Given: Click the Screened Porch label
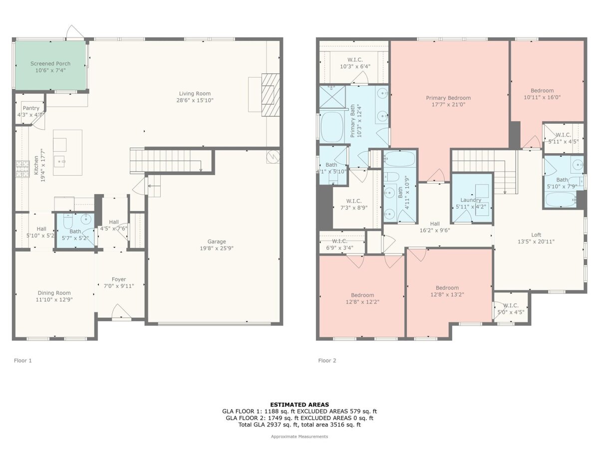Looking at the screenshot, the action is (x=50, y=63).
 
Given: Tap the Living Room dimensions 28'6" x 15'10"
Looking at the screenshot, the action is (x=195, y=100).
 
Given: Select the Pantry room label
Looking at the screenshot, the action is (x=31, y=108).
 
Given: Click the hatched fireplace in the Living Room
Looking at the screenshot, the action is (x=271, y=95).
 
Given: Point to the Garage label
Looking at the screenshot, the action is (x=217, y=241).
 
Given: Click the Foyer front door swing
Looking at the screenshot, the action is (x=121, y=311).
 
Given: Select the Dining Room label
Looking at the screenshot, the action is (x=54, y=293).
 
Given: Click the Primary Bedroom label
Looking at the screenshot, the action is (x=448, y=98).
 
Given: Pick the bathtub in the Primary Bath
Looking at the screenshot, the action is (x=332, y=127).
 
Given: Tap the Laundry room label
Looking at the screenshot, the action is (x=471, y=200).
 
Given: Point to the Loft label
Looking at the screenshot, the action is (x=536, y=234).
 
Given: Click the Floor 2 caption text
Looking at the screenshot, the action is (x=327, y=361).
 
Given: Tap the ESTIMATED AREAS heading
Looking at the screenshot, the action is (x=299, y=405).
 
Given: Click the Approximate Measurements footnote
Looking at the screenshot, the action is (x=299, y=437).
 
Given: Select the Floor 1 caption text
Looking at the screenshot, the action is (x=23, y=361).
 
